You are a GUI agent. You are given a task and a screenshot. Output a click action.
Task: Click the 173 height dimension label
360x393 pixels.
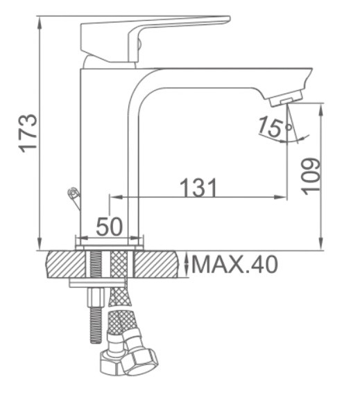point(28,133)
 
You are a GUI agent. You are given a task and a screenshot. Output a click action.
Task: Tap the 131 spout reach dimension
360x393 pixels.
point(198,187)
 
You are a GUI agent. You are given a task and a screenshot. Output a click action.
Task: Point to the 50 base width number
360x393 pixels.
point(110,227)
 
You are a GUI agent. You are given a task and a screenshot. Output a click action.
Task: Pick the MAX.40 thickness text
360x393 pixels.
point(234,264)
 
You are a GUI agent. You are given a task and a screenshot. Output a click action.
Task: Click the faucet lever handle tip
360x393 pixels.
point(228,19)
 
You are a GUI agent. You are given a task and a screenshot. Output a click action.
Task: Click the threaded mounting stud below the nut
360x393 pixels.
point(95,325)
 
